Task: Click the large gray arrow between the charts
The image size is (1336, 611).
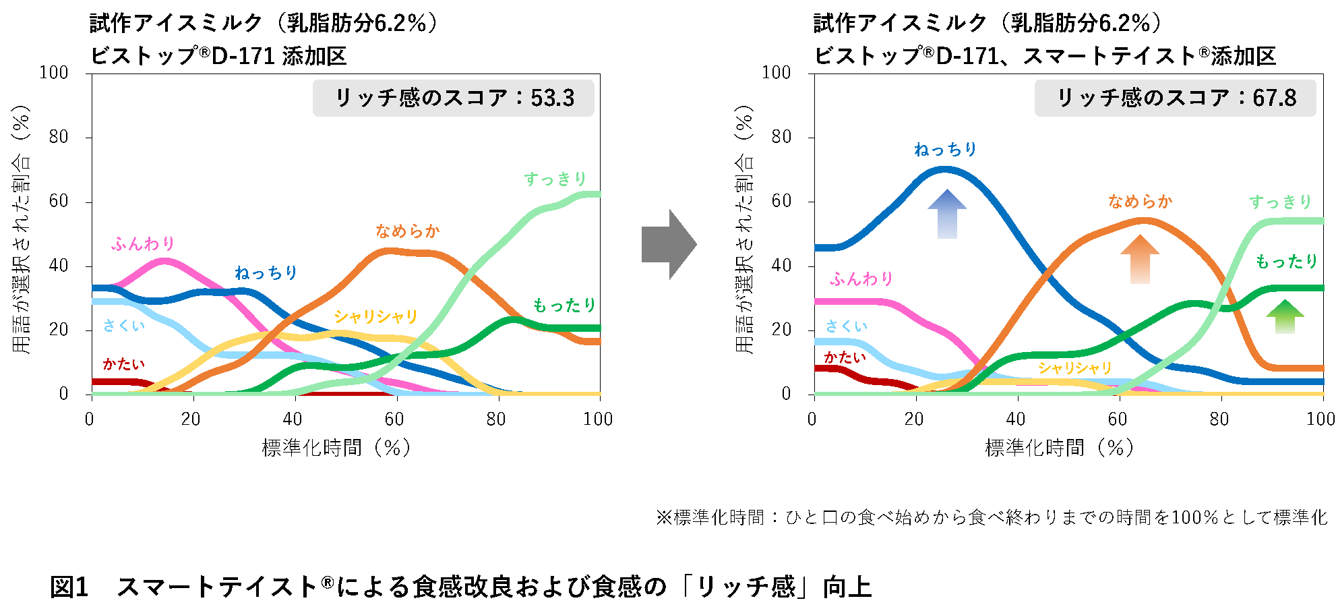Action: pyautogui.click(x=667, y=244)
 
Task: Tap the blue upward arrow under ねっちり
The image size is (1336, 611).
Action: pyautogui.click(x=946, y=214)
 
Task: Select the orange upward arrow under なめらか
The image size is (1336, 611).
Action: pyautogui.click(x=1139, y=260)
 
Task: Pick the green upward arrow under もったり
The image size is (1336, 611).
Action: pyautogui.click(x=1285, y=317)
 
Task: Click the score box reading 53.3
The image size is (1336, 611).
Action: pyautogui.click(x=454, y=98)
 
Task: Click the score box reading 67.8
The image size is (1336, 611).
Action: pyautogui.click(x=1175, y=98)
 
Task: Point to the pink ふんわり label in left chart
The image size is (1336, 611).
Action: pyautogui.click(x=143, y=243)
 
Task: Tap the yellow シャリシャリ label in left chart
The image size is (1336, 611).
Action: pyautogui.click(x=375, y=316)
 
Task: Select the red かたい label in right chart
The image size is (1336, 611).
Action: pyautogui.click(x=844, y=357)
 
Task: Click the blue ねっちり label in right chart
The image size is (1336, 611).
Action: pyautogui.click(x=945, y=149)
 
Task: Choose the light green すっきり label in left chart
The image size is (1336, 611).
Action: pyautogui.click(x=555, y=179)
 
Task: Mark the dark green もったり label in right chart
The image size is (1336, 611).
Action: pyautogui.click(x=1286, y=262)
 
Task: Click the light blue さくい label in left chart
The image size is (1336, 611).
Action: pyautogui.click(x=124, y=326)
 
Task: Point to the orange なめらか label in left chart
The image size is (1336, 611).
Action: pyautogui.click(x=407, y=231)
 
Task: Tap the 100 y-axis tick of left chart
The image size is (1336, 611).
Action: pyautogui.click(x=54, y=73)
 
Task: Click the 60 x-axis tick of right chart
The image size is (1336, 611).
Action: pyautogui.click(x=1117, y=419)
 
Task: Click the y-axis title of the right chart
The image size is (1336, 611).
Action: pyautogui.click(x=744, y=229)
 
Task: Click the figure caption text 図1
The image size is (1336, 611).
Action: pyautogui.click(x=69, y=587)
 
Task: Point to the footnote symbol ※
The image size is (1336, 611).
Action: pyautogui.click(x=664, y=518)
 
